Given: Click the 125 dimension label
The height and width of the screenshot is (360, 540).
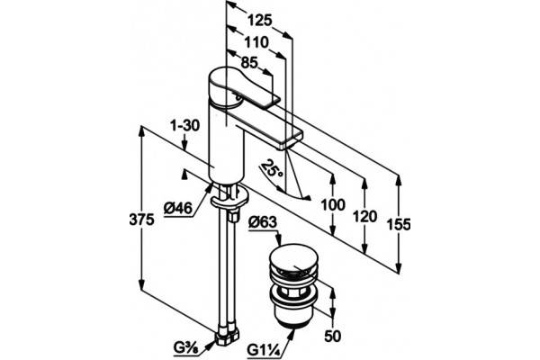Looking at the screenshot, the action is pyautogui.click(x=260, y=21).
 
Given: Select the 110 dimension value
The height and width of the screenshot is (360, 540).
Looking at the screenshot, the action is pyautogui.click(x=256, y=42).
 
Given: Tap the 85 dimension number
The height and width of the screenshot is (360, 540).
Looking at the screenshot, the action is pyautogui.click(x=249, y=63).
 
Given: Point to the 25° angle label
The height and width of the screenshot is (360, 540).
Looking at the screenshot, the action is pyautogui.click(x=273, y=168).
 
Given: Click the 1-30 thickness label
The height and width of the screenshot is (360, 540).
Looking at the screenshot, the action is pyautogui.click(x=184, y=126).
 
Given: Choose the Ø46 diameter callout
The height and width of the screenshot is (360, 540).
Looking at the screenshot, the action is pyautogui.click(x=177, y=208).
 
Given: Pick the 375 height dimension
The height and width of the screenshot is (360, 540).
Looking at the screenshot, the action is pyautogui.click(x=141, y=219).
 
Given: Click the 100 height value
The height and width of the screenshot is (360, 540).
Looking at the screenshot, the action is pyautogui.click(x=333, y=205).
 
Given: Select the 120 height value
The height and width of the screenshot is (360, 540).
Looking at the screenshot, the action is pyautogui.click(x=365, y=217).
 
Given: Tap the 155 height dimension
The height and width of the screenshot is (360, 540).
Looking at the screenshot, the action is pyautogui.click(x=399, y=225).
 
